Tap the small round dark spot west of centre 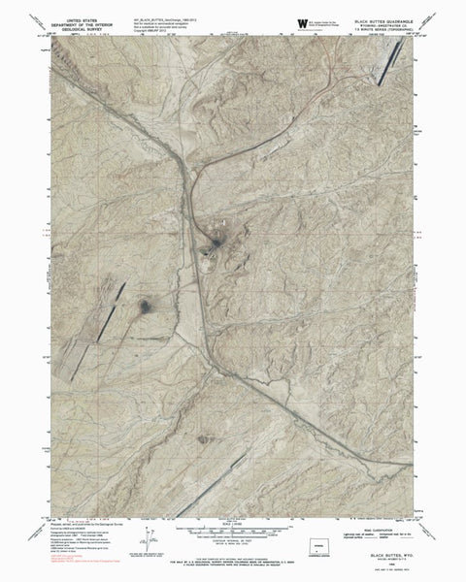(x=146, y=307)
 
